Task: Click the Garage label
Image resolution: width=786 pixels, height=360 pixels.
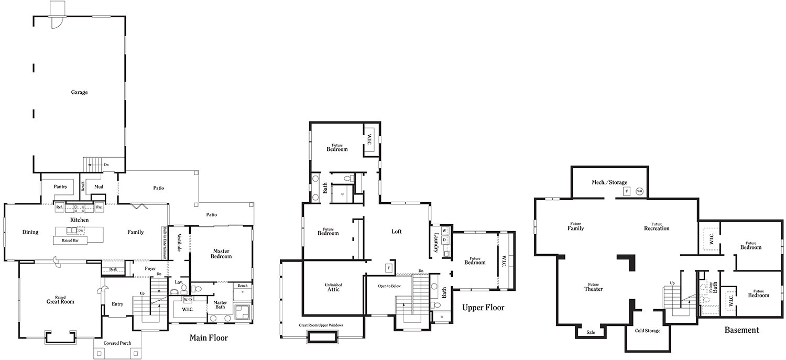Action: [79, 92]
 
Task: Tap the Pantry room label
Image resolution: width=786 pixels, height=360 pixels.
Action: [60, 187]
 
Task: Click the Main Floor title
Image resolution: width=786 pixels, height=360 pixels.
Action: [208, 338]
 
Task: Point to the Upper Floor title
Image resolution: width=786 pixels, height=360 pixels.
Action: [483, 308]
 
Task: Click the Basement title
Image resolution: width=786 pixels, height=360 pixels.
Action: [741, 330]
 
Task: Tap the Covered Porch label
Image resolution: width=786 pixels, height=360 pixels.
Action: [117, 343]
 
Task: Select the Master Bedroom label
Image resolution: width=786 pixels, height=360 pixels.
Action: [222, 254]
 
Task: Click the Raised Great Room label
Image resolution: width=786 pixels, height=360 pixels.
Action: [60, 300]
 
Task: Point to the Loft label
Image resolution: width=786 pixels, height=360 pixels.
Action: [397, 232]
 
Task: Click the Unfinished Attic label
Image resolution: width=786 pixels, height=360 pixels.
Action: [334, 287]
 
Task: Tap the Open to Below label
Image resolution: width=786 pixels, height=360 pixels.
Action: [389, 287]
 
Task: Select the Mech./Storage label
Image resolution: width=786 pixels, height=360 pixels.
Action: [609, 182]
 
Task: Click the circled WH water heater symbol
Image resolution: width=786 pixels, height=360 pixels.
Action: [639, 191]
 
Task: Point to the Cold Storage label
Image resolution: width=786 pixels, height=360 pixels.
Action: [648, 331]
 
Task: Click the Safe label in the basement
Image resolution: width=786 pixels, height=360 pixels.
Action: [591, 332]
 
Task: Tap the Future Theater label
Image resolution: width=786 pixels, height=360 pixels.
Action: [593, 288]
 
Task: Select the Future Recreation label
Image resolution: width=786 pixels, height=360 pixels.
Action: [657, 226]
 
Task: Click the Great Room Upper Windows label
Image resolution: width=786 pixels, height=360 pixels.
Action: [321, 325]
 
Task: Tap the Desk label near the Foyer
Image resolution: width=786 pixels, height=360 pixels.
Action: [113, 269]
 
